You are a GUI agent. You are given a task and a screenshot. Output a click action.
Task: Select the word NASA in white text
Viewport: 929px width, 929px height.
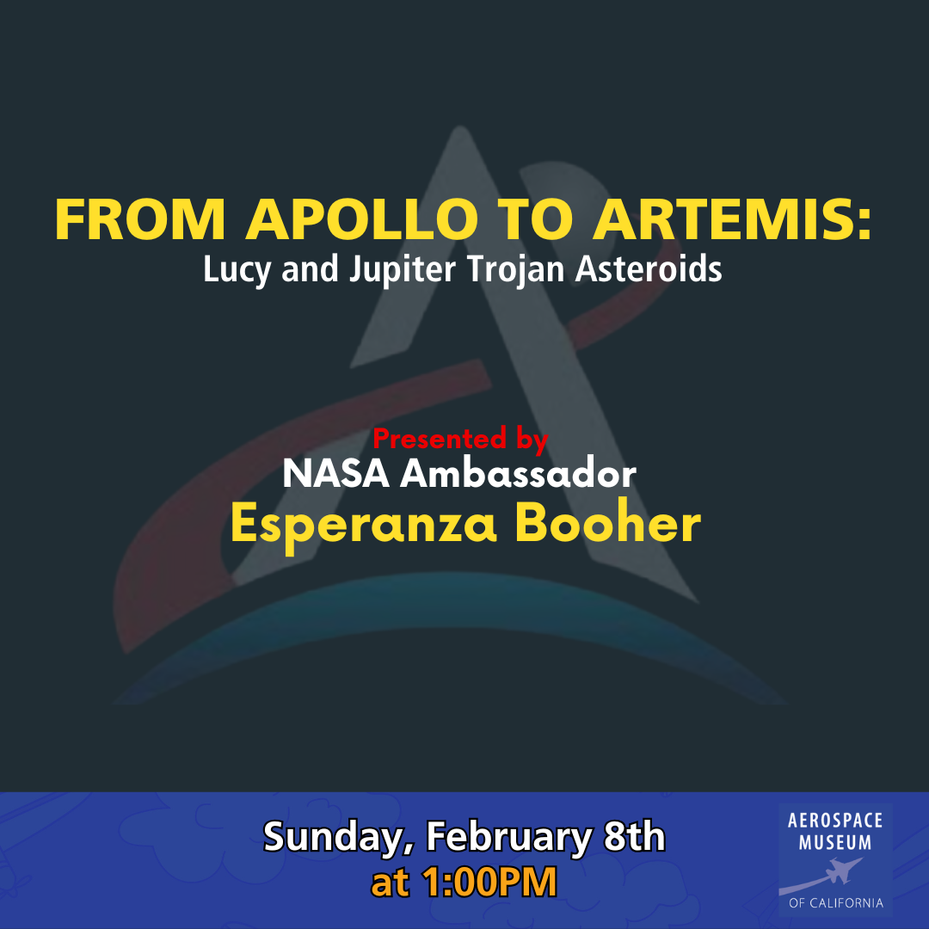(x=335, y=474)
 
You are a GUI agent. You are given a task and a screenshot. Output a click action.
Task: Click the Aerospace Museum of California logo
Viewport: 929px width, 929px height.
(x=835, y=860)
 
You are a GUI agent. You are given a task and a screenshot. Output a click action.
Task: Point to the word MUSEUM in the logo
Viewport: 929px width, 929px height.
(x=834, y=842)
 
